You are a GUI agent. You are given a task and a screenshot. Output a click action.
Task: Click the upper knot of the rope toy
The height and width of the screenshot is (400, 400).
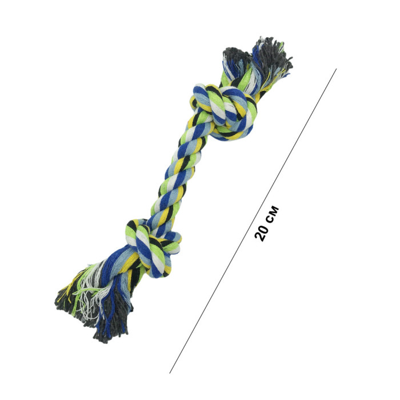[x=223, y=112]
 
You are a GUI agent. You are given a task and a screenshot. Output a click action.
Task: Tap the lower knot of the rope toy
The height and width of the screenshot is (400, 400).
[x=153, y=247]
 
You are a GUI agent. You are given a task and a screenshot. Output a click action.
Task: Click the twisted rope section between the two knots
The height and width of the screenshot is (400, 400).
[x=176, y=178]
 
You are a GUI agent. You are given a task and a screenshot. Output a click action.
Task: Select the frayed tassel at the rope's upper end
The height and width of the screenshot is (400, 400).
[x=258, y=64]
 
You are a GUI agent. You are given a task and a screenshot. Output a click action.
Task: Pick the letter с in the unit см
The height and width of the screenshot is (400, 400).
[x=271, y=217]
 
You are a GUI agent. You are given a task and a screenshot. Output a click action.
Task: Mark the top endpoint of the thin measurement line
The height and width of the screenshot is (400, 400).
[x=337, y=69]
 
